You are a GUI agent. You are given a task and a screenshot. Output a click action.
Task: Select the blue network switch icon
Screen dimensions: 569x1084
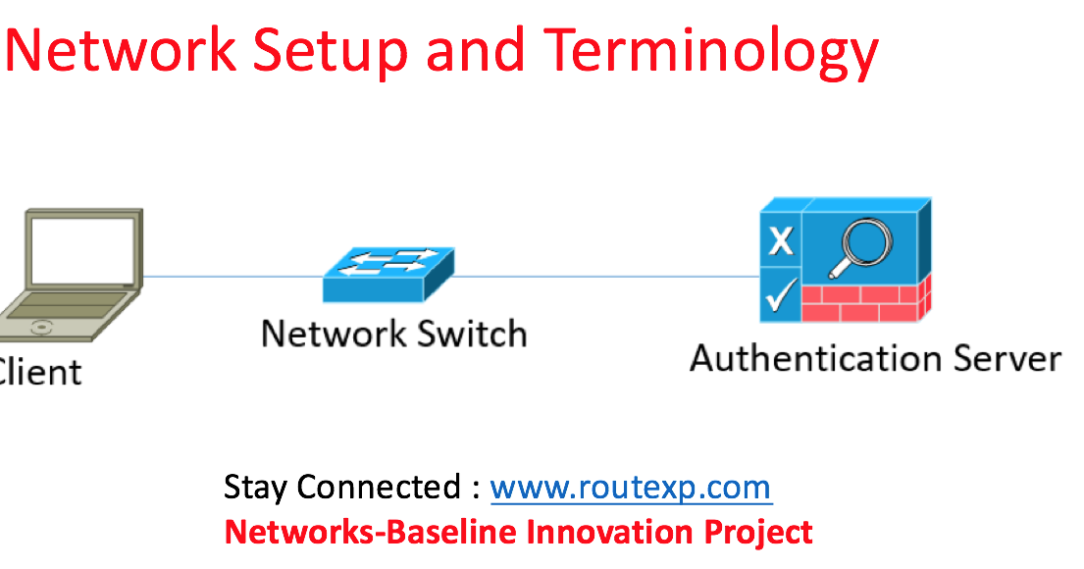point(388,273)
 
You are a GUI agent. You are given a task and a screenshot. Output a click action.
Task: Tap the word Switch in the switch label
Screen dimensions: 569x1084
point(469,334)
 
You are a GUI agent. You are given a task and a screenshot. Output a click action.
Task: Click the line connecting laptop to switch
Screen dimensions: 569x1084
point(233,276)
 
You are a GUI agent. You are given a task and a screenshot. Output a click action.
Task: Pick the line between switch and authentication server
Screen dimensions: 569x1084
point(606,276)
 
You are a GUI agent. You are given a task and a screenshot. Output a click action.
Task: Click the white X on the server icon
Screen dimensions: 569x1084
point(781,240)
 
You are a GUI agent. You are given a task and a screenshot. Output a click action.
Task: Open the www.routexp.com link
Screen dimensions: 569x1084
point(630,488)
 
